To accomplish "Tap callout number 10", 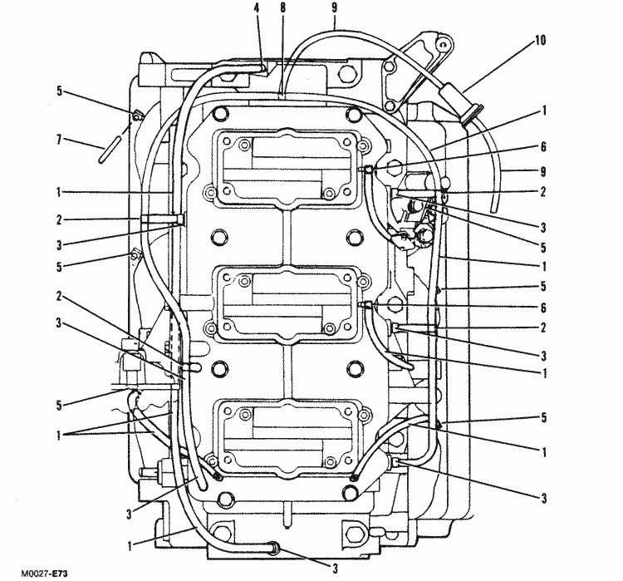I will click(x=541, y=39).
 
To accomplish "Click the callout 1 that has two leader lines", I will click(x=60, y=432).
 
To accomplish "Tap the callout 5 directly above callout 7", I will click(x=60, y=91).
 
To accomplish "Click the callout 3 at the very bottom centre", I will click(x=334, y=570).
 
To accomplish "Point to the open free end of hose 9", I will click(x=492, y=207).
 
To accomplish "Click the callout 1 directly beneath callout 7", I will click(x=60, y=192).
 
